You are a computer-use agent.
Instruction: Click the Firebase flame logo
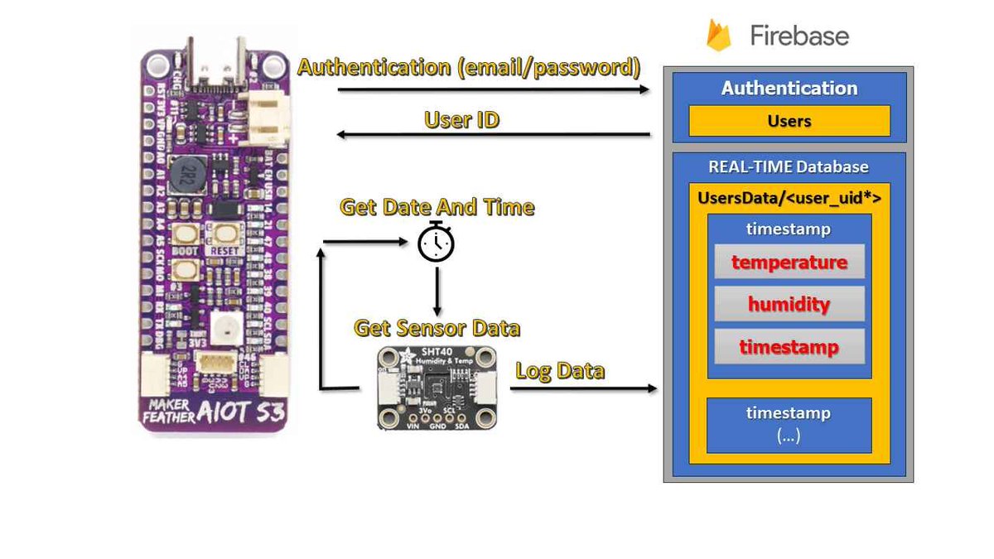click(717, 36)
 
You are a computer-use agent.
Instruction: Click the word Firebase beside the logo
click(799, 36)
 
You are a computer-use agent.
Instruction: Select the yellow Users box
click(789, 121)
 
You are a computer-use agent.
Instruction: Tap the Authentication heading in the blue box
click(789, 88)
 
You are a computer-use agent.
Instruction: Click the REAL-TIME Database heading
click(788, 166)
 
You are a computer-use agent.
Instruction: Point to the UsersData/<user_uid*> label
click(788, 199)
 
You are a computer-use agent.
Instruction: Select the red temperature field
click(789, 262)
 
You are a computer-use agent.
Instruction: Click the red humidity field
click(789, 304)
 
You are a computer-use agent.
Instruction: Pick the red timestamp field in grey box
click(789, 346)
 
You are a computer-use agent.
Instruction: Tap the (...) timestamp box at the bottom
click(788, 425)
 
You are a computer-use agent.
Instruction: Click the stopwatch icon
click(436, 242)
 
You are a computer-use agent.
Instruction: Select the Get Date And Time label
click(437, 206)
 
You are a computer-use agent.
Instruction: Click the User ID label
click(461, 119)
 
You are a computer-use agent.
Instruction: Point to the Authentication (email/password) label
click(469, 67)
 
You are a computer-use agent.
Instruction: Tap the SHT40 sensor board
click(437, 388)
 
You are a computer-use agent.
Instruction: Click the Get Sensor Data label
click(437, 328)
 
